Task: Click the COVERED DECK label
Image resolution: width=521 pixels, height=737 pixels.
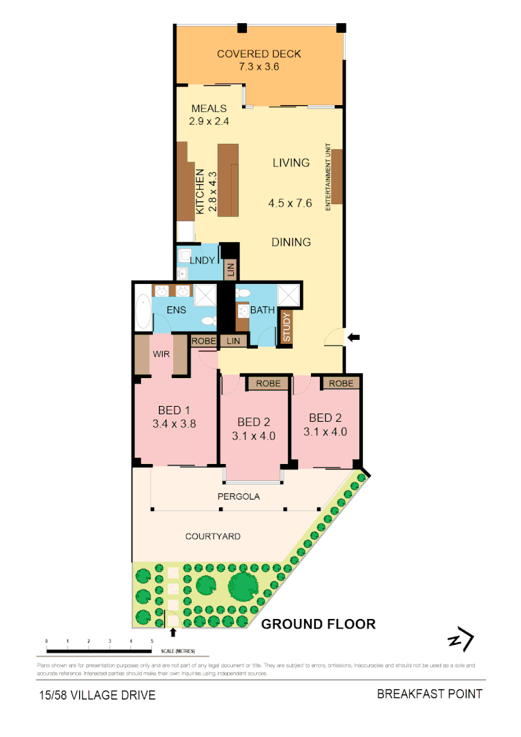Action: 258,55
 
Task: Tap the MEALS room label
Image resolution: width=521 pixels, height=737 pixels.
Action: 209,109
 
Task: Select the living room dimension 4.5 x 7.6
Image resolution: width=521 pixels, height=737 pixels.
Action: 291,203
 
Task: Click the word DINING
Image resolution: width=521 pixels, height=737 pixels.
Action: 291,242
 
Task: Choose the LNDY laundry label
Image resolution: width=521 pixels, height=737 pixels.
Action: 203,260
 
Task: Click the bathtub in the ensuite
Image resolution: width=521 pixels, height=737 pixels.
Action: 142,312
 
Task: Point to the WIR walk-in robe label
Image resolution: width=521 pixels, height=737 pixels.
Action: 162,354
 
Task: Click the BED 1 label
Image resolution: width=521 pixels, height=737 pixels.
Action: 174,410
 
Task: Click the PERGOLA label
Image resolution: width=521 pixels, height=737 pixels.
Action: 239,497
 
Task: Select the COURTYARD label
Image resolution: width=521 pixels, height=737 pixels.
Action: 213,536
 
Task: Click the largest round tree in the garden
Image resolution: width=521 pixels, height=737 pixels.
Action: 243,585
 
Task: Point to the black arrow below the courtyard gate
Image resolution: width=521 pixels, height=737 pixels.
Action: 173,633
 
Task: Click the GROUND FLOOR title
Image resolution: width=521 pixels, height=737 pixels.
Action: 318,624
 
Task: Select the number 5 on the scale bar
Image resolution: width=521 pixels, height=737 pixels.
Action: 151,641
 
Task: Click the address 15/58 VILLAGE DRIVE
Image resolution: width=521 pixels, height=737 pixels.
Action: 96,695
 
